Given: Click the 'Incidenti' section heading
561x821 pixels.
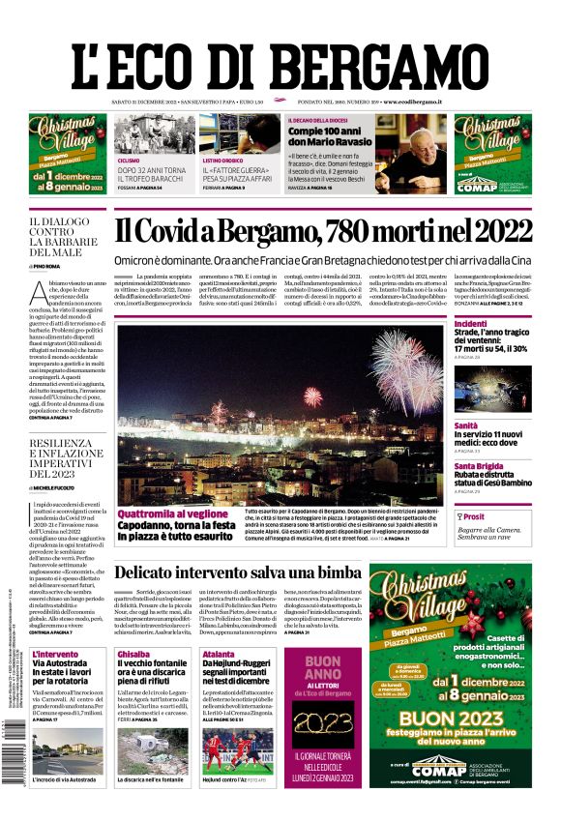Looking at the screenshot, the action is (x=471, y=323).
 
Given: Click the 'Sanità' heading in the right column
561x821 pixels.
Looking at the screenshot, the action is (x=466, y=425).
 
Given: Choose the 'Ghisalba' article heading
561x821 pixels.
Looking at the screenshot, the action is (x=133, y=655).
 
